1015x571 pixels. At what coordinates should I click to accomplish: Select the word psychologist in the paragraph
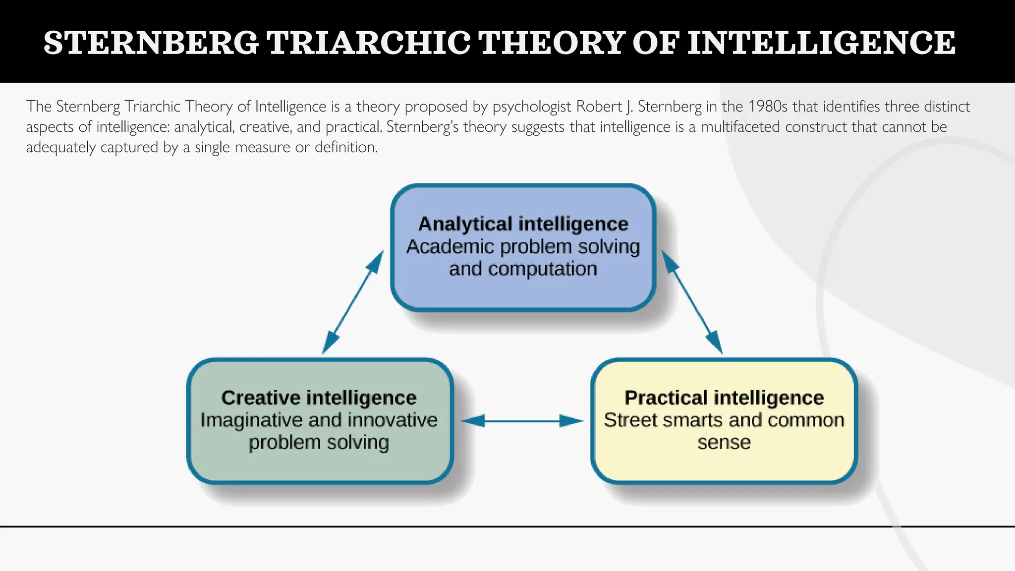click(532, 107)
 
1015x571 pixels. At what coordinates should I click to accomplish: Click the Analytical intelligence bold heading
click(523, 224)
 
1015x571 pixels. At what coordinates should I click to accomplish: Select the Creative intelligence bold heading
click(319, 398)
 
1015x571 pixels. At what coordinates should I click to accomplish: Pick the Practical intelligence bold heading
click(724, 398)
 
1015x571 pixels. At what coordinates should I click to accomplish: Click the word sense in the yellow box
click(724, 442)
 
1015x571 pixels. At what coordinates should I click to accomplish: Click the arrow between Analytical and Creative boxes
click(353, 302)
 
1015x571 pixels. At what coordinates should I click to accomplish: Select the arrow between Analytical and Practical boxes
click(692, 302)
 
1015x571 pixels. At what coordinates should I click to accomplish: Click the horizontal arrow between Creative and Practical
click(522, 421)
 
